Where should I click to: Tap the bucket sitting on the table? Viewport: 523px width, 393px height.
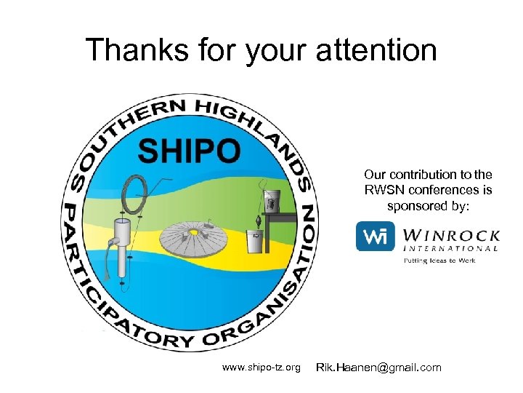(272, 199)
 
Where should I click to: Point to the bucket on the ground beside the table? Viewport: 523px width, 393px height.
(255, 241)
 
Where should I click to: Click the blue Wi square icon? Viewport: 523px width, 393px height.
(374, 237)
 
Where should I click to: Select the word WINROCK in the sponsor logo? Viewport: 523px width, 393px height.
(450, 235)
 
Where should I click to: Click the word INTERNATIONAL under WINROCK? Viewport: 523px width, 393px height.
(450, 248)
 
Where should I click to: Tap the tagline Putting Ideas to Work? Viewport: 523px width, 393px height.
(439, 260)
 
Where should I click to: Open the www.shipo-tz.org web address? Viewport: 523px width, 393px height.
(261, 368)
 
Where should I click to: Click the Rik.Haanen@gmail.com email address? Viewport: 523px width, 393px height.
(378, 368)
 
